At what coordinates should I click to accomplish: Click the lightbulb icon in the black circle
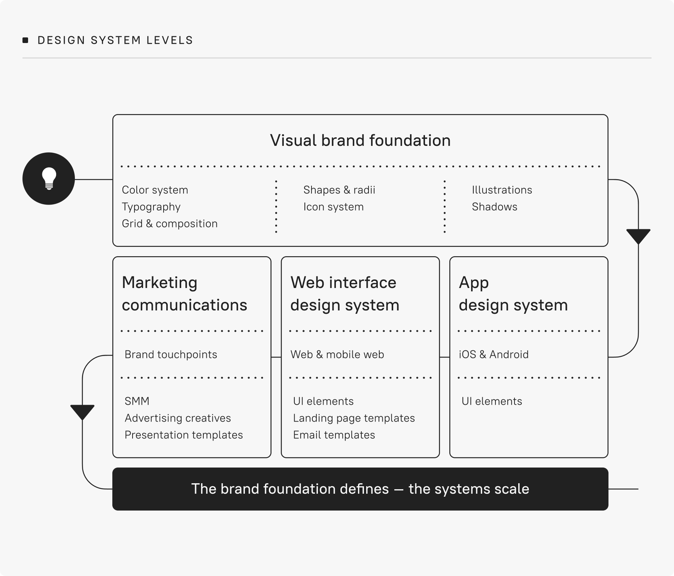point(49,178)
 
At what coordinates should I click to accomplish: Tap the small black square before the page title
point(25,40)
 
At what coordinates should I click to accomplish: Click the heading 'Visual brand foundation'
point(360,141)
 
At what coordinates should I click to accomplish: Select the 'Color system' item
point(155,190)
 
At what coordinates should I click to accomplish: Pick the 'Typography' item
point(151,207)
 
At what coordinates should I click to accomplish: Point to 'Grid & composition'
point(170,224)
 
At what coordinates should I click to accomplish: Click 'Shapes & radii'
point(339,190)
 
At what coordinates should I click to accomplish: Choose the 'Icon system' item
point(334,207)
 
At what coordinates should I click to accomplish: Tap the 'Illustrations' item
point(502,190)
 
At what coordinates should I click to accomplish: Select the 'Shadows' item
point(494,207)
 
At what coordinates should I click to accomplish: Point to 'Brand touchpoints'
point(171,355)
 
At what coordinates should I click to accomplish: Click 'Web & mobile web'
point(337,355)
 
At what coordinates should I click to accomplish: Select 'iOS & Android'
point(494,355)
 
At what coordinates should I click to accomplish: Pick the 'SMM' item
point(137,401)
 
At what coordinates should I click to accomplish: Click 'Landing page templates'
point(354,418)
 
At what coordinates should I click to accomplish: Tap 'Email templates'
point(334,435)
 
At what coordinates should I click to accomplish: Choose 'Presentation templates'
point(184,435)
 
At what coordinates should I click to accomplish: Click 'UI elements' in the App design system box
point(492,401)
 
